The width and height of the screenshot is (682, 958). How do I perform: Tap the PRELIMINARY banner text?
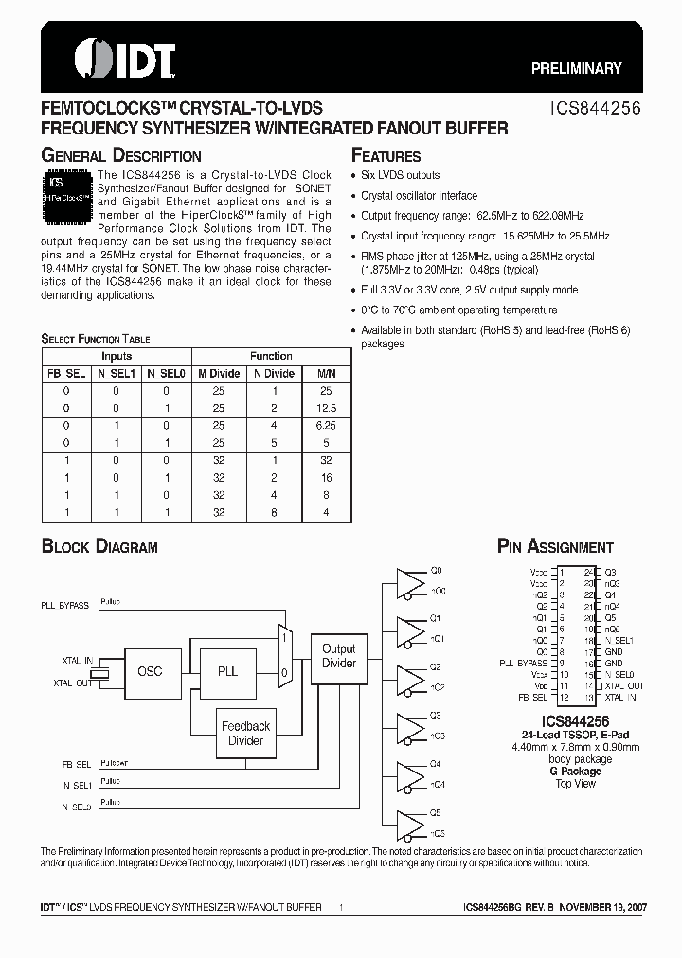[x=576, y=68]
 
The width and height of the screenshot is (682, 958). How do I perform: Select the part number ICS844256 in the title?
[x=597, y=109]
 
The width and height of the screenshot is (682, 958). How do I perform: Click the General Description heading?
[x=121, y=156]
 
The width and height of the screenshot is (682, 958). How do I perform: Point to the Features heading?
[x=386, y=156]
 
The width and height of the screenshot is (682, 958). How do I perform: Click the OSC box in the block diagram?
[x=150, y=671]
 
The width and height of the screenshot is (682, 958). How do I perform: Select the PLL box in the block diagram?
[x=227, y=671]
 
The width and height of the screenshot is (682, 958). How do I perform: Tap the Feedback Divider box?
[x=245, y=733]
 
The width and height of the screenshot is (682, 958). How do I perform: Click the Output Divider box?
[x=338, y=656]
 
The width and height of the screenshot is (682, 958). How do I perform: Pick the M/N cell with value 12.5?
[x=327, y=407]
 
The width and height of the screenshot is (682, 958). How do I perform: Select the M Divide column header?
[x=219, y=373]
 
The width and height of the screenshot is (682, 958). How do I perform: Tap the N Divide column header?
[x=274, y=373]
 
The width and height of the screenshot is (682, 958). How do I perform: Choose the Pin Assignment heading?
[x=555, y=547]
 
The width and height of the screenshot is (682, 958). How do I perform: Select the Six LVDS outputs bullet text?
[x=401, y=176]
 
